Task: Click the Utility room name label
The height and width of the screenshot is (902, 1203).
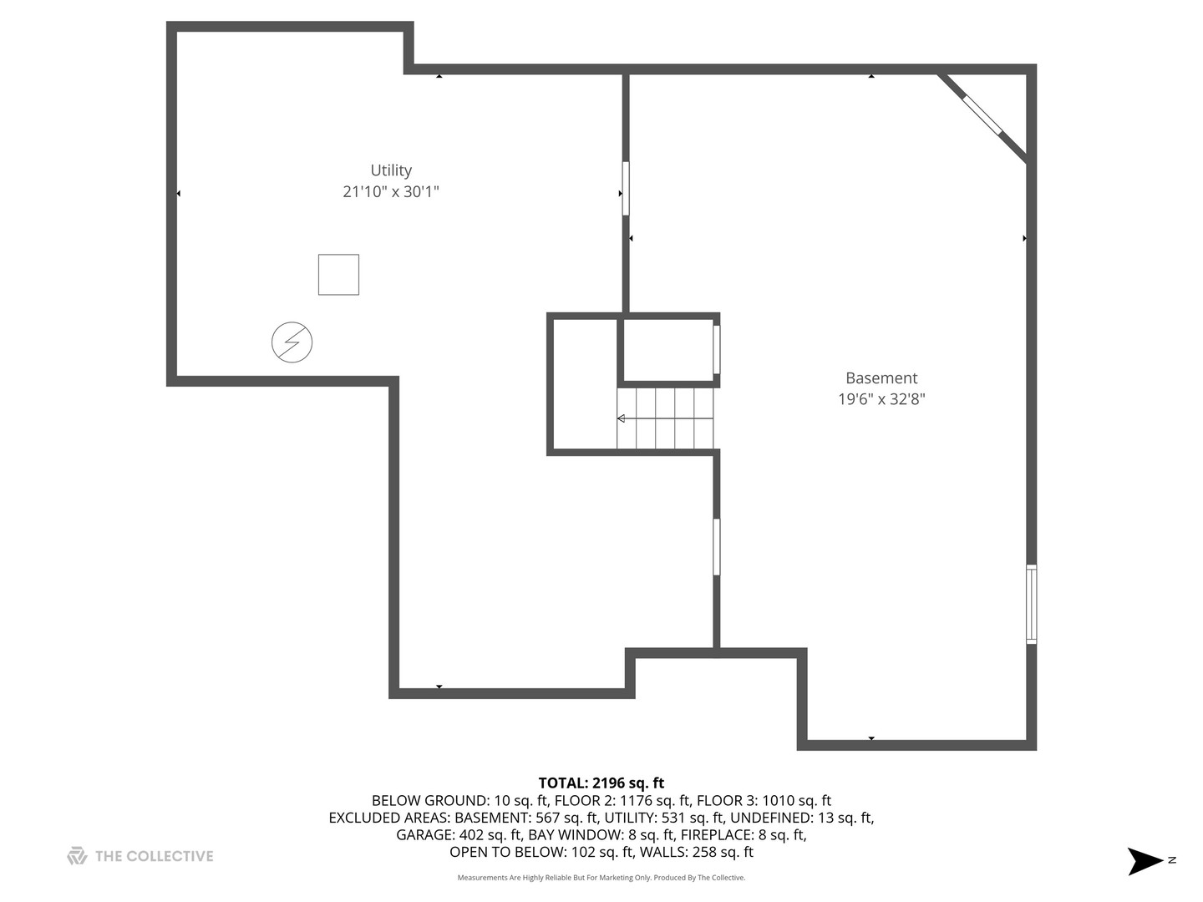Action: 391,170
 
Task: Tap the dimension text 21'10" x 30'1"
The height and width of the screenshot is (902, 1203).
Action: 391,192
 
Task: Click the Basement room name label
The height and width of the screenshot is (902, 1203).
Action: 881,378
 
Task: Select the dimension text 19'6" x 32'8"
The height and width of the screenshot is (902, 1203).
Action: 881,398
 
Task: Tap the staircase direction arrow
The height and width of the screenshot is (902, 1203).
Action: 665,418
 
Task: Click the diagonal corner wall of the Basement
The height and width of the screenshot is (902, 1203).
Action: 982,117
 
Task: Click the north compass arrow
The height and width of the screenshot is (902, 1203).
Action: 1145,861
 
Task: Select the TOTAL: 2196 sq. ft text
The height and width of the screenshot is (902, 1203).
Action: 601,783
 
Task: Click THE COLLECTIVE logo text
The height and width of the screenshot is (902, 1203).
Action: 154,856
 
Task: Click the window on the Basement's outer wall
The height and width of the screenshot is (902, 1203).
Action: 1031,604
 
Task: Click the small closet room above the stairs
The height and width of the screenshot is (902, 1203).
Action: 667,350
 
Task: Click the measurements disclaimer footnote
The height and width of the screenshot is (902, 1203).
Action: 601,877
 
